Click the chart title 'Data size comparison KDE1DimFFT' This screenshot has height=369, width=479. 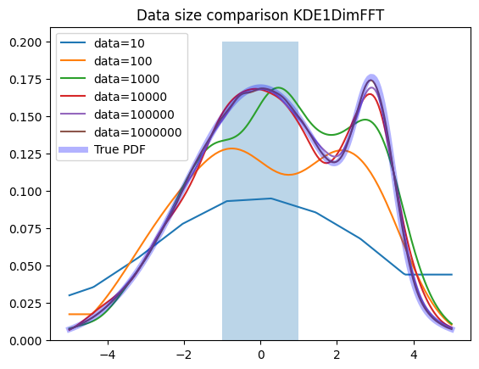260,15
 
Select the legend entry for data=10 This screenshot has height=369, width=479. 103,43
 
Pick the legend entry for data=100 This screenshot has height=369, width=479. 106,61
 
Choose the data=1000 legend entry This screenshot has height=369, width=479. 109,79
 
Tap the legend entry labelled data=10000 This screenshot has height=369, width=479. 114,97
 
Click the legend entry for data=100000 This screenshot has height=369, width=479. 117,115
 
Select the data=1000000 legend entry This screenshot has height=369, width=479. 121,132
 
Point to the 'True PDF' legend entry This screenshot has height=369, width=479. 102,149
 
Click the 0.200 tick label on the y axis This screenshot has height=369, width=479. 25,42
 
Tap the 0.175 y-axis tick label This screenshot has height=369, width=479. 25,80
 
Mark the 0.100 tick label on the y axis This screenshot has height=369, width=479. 25,192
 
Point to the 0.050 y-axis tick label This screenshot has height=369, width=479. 25,266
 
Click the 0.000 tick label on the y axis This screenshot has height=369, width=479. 25,341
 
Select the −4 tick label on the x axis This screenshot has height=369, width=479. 108,355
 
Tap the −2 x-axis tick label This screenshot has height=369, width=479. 184,355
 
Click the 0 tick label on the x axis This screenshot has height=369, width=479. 260,355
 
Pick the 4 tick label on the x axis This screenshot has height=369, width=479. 414,355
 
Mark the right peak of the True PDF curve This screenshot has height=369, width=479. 371,80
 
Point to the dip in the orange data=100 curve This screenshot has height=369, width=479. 289,175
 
